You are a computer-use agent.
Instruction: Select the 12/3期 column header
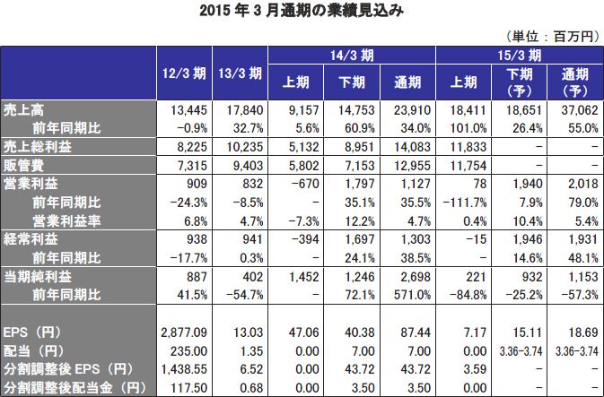pos(184,73)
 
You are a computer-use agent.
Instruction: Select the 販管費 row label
pos(23,167)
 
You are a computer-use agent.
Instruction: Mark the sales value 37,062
pos(579,110)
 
